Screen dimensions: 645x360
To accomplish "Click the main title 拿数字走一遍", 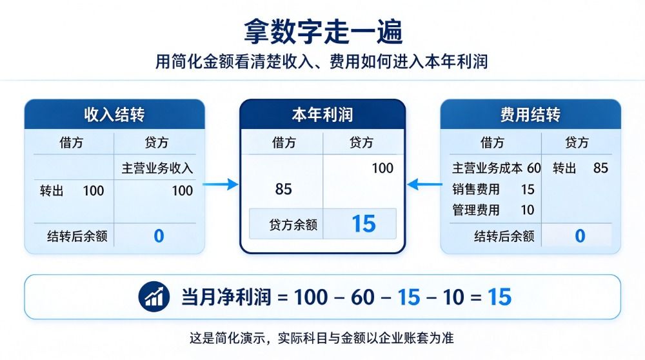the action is tap(323, 31).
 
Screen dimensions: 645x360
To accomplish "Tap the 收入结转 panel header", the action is tap(114, 114).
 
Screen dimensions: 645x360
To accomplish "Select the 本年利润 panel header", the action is tap(322, 114).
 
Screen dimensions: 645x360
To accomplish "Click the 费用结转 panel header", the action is tap(530, 114).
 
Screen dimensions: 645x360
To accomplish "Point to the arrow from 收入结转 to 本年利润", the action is tap(221, 184).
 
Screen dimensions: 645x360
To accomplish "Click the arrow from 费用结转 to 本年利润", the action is tap(424, 184).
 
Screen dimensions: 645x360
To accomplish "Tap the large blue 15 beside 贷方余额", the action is tap(364, 224).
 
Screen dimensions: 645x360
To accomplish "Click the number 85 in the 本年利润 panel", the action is tap(283, 189).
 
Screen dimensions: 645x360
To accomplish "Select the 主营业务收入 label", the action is tap(157, 168).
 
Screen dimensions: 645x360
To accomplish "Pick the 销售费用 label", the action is tap(476, 189).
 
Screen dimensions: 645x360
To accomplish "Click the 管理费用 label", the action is tap(476, 210).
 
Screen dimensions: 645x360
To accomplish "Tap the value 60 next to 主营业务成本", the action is tap(533, 168).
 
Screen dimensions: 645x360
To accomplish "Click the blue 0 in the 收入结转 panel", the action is tap(159, 235).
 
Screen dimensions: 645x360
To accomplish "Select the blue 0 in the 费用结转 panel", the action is tap(580, 235).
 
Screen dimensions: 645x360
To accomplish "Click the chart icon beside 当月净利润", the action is tap(154, 297).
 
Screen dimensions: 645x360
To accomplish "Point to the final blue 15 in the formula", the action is tap(499, 297).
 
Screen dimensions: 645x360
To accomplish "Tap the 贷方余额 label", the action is tap(293, 225).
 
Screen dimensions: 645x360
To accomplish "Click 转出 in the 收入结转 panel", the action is tap(52, 190).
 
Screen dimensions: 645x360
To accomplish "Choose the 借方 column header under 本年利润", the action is tap(284, 143).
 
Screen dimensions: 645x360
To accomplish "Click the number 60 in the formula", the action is tap(362, 297).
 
